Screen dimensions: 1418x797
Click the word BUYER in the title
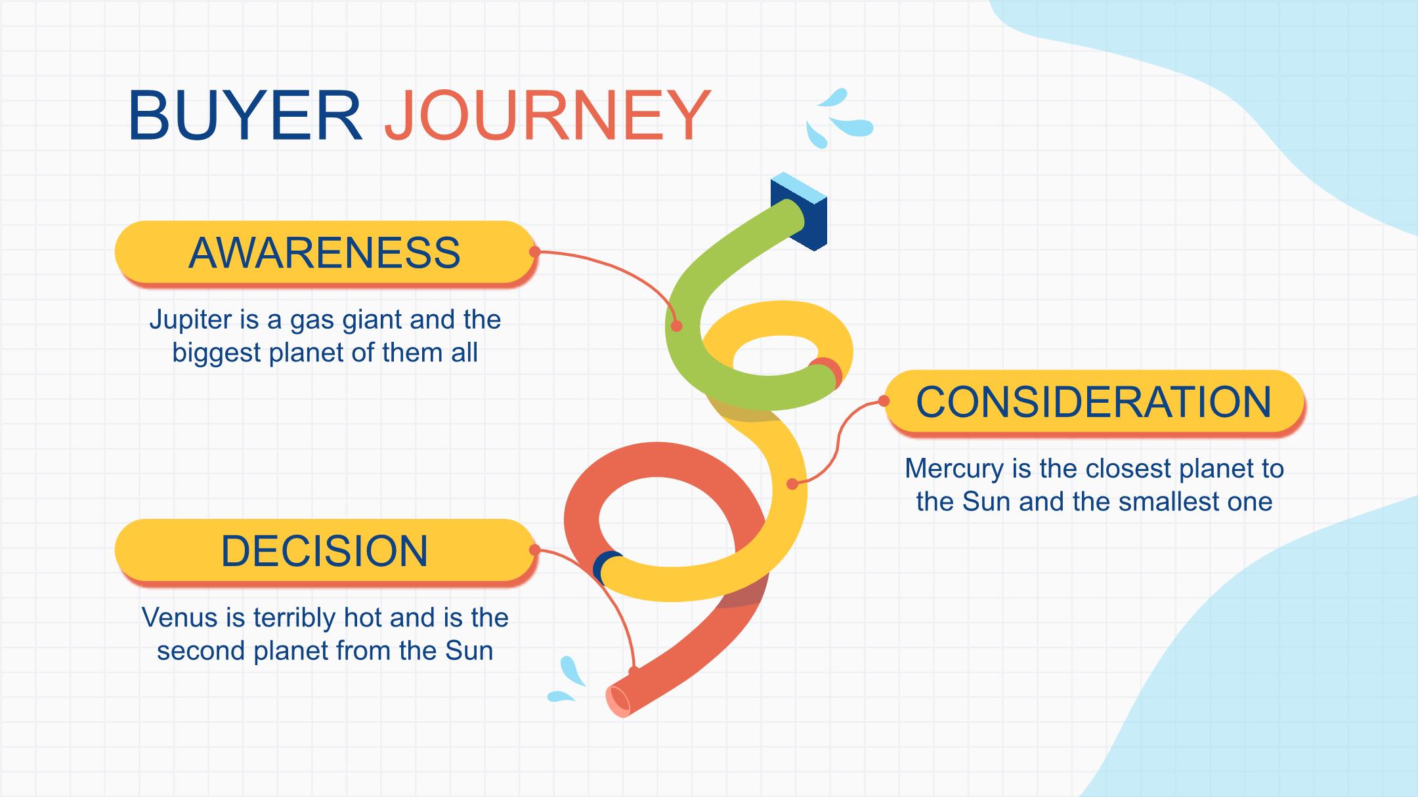click(x=245, y=115)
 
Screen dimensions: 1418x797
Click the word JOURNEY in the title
click(x=548, y=115)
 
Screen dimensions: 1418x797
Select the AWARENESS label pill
click(x=326, y=253)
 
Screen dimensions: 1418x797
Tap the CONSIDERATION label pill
click(x=1094, y=401)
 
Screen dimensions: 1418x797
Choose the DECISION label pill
click(x=326, y=550)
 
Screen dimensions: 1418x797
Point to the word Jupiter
click(x=190, y=321)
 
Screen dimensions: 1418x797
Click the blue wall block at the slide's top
click(x=799, y=211)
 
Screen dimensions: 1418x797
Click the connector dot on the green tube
click(x=677, y=326)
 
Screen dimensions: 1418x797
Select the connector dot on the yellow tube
click(x=792, y=484)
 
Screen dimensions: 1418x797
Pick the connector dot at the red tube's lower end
click(x=634, y=671)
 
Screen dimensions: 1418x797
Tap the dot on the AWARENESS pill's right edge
click(x=534, y=251)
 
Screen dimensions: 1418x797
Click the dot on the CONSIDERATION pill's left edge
click(x=885, y=401)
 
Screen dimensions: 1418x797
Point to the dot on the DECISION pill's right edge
click(x=534, y=550)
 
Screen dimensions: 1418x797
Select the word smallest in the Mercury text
click(x=1172, y=502)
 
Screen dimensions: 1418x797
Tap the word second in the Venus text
click(x=201, y=651)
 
